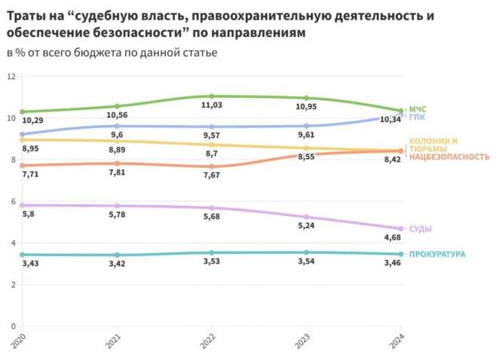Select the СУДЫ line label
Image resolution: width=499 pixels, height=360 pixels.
click(420, 228)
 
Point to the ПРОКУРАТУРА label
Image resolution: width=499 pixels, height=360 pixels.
click(436, 255)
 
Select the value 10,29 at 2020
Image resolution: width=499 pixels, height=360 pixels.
click(32, 121)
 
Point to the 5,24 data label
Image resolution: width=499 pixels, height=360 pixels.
click(306, 225)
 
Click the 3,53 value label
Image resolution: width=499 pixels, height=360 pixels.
click(212, 263)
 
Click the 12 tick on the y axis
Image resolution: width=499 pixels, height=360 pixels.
click(11, 77)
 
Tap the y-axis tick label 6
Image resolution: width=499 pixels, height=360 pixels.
click(13, 201)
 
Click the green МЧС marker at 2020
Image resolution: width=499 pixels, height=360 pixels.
click(23, 111)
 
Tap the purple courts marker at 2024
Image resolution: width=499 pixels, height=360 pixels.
click(401, 229)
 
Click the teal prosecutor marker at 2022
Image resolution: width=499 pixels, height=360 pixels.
click(212, 252)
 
